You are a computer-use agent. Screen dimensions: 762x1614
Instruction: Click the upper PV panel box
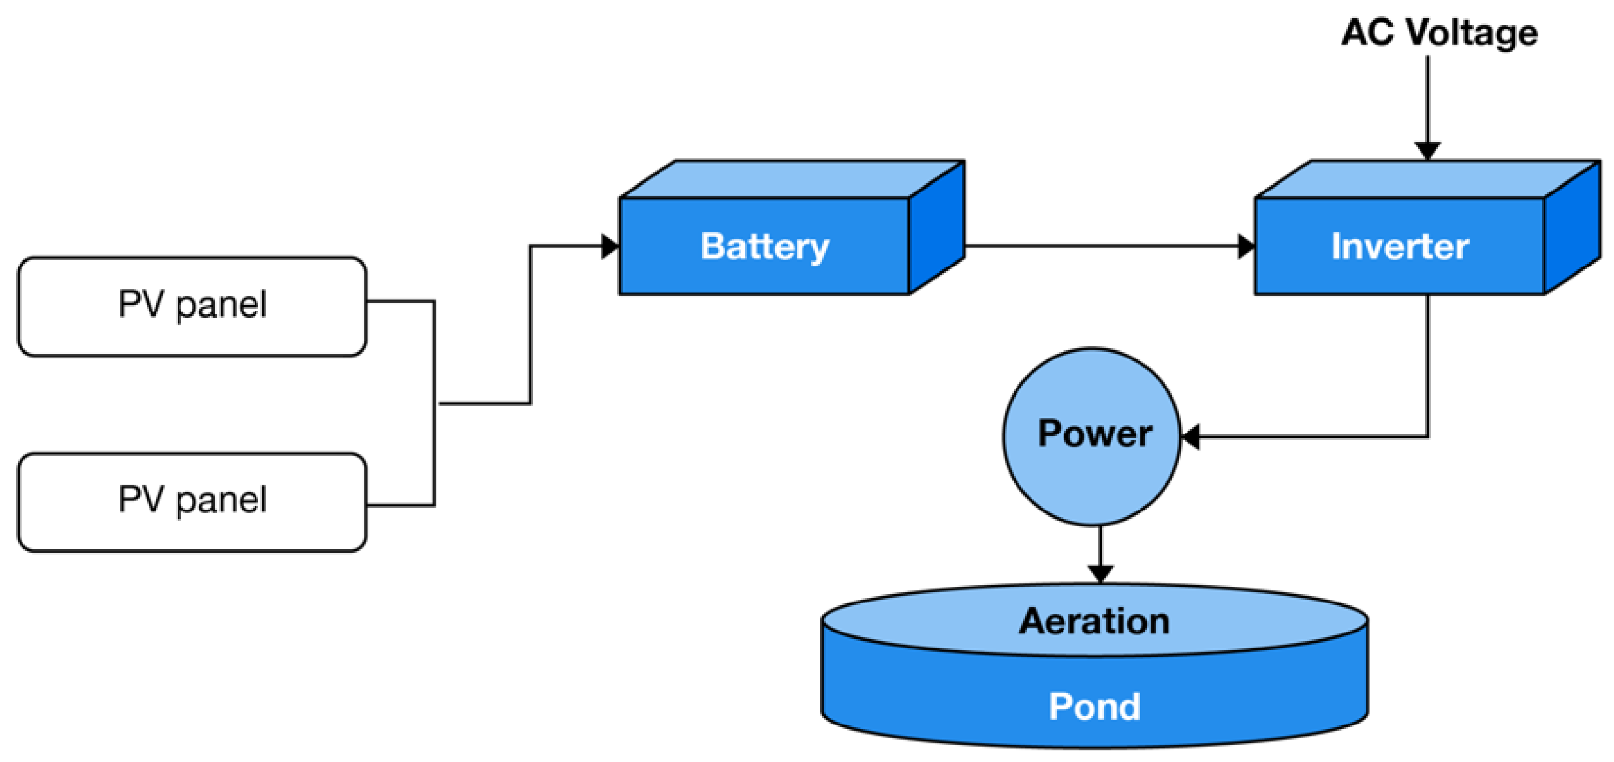point(192,306)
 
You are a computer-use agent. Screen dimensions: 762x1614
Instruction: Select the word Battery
point(764,247)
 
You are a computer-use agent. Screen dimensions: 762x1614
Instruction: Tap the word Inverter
point(1400,247)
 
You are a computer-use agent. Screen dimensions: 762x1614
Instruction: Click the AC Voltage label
point(1439,33)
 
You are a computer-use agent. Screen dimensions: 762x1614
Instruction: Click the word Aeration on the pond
point(1094,620)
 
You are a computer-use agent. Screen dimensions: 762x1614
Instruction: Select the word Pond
point(1094,707)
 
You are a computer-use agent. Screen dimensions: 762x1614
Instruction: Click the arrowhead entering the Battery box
point(610,246)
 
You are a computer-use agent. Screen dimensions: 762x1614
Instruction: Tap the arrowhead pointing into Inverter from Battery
point(1246,246)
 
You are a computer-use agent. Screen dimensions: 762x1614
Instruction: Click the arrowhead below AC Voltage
point(1427,150)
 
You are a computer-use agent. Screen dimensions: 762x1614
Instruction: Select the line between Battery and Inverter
point(1103,246)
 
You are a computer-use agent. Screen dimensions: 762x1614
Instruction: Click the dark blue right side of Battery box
point(937,228)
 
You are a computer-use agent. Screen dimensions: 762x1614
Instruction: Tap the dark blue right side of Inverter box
point(1572,228)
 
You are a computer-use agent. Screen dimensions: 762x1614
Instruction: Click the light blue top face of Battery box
point(793,178)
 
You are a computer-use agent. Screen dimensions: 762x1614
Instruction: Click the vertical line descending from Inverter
point(1427,365)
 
